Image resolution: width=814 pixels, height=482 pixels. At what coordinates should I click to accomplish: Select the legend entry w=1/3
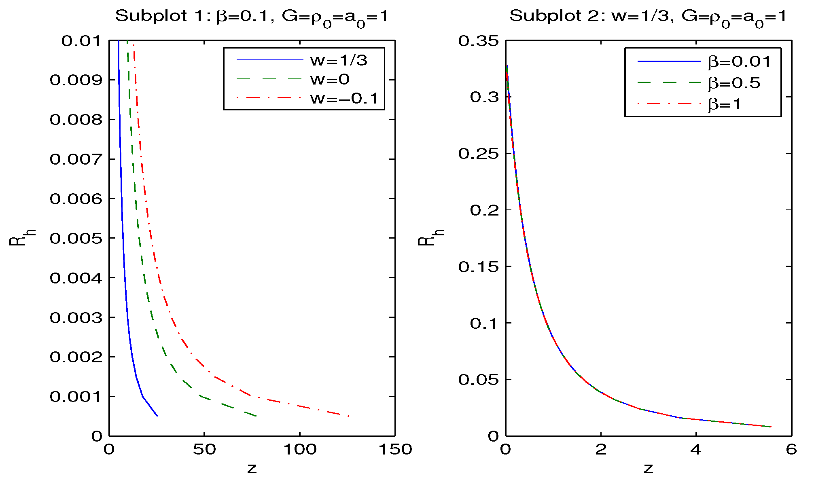(339, 60)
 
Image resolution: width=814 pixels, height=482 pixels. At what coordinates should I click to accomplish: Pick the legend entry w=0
(330, 79)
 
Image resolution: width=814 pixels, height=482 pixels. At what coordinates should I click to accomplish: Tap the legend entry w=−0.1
(344, 98)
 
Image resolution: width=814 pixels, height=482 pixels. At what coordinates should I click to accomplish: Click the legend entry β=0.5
(734, 83)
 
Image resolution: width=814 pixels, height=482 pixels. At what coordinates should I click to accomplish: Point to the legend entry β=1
(725, 104)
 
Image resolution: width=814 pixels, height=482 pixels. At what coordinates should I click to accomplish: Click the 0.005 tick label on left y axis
(76, 239)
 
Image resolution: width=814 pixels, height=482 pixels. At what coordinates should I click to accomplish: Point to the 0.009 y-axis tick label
(76, 80)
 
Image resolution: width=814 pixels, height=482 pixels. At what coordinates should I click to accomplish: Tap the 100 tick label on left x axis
(299, 450)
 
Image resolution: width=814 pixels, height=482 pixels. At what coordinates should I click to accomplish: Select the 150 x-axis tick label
(395, 450)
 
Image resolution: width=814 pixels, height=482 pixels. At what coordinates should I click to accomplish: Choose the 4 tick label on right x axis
(696, 450)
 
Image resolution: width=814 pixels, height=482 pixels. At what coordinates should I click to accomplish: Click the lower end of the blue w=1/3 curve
(157, 416)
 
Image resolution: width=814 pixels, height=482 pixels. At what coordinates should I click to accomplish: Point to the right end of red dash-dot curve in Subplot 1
(349, 416)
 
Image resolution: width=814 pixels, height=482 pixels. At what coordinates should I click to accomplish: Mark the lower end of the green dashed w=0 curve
(256, 416)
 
